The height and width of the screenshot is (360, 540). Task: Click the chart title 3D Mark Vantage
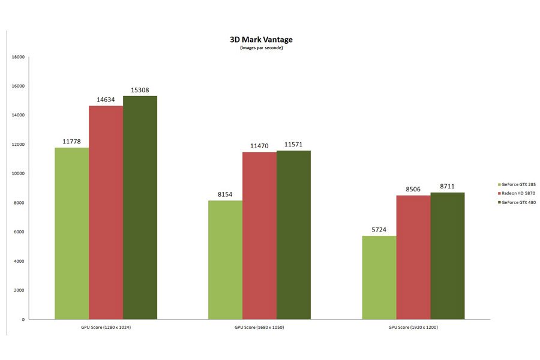click(x=261, y=40)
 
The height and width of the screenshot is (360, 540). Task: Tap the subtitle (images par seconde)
click(x=261, y=48)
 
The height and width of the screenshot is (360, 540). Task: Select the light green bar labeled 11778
click(x=71, y=233)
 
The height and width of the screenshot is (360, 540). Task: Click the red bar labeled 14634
click(x=106, y=212)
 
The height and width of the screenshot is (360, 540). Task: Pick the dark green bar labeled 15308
click(x=140, y=208)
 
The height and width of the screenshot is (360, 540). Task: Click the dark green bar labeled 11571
click(x=293, y=235)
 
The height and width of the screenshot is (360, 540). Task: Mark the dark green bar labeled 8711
click(x=447, y=256)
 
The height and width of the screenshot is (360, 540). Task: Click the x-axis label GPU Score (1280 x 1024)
click(x=106, y=327)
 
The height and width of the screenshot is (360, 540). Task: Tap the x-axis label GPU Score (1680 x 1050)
click(x=259, y=327)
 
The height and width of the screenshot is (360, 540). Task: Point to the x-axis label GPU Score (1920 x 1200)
click(x=413, y=327)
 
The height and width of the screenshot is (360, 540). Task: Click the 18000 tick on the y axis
click(x=18, y=57)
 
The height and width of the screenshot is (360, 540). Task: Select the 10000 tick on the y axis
click(x=18, y=173)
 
